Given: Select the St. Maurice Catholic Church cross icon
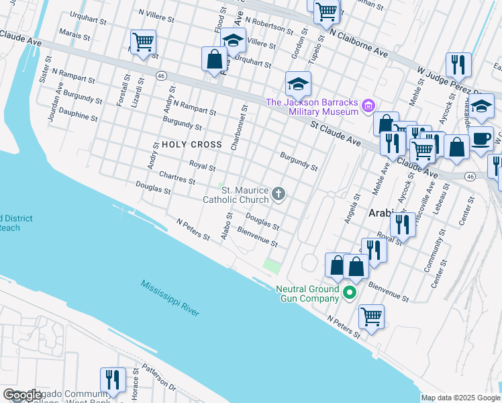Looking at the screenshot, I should pos(279,195).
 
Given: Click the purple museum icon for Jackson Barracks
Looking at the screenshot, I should pos(367,105).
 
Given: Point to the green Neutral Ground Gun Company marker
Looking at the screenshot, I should pos(349,293).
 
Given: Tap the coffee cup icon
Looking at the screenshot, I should pos(481,138).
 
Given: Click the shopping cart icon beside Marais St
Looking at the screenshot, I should pos(143,42).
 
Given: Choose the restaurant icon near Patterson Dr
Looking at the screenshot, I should pos(113,379).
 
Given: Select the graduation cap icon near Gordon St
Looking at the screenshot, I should pos(298,84).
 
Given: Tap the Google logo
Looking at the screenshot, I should pos(22,395).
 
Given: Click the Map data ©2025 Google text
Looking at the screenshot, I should pos(460,398).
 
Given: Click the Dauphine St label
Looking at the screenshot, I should pos(78,116).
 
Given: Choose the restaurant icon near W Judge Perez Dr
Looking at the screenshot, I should pos(460,64).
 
